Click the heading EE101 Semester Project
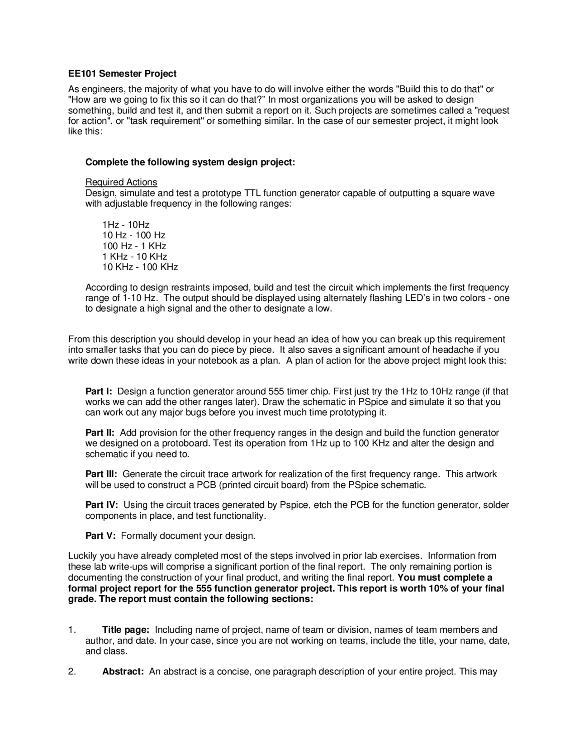pos(122,73)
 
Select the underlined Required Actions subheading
pos(121,182)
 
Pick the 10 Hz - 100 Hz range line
pos(134,235)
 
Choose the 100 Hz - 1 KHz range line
pos(134,246)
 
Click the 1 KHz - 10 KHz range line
pos(135,256)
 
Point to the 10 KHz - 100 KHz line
pos(140,267)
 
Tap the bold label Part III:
pos(101,474)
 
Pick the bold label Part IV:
pos(102,505)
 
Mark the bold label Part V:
pos(100,536)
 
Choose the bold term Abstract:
pos(123,671)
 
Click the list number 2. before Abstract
pos(71,671)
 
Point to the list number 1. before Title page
pos(71,630)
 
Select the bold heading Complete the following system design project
pos(190,162)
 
